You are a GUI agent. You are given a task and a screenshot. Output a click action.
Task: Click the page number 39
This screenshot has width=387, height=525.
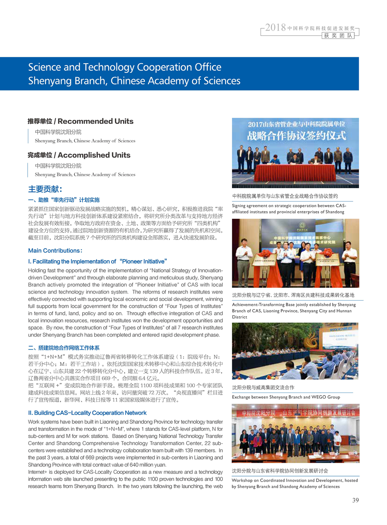(355, 500)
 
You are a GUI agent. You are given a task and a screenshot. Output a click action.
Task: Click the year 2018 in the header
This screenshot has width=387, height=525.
(275, 28)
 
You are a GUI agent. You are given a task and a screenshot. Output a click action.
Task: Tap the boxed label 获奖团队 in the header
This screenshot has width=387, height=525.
(338, 36)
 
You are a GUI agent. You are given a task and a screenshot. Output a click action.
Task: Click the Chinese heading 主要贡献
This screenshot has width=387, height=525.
(45, 189)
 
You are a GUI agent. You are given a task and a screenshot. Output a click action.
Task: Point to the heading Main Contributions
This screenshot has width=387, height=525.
(55, 251)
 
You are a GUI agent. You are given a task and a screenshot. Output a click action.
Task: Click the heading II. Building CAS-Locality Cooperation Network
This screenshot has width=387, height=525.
(87, 413)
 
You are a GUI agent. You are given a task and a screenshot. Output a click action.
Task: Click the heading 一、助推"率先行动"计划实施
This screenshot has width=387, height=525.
(64, 200)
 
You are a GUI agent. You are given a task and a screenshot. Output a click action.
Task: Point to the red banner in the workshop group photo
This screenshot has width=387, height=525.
(295, 414)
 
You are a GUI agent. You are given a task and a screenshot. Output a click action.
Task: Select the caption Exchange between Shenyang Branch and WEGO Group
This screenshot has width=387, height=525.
(286, 397)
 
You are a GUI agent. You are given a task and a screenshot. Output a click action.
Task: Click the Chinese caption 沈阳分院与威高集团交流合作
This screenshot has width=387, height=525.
(263, 388)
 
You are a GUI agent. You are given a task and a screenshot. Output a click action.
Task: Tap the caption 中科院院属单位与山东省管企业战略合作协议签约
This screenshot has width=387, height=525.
(285, 196)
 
